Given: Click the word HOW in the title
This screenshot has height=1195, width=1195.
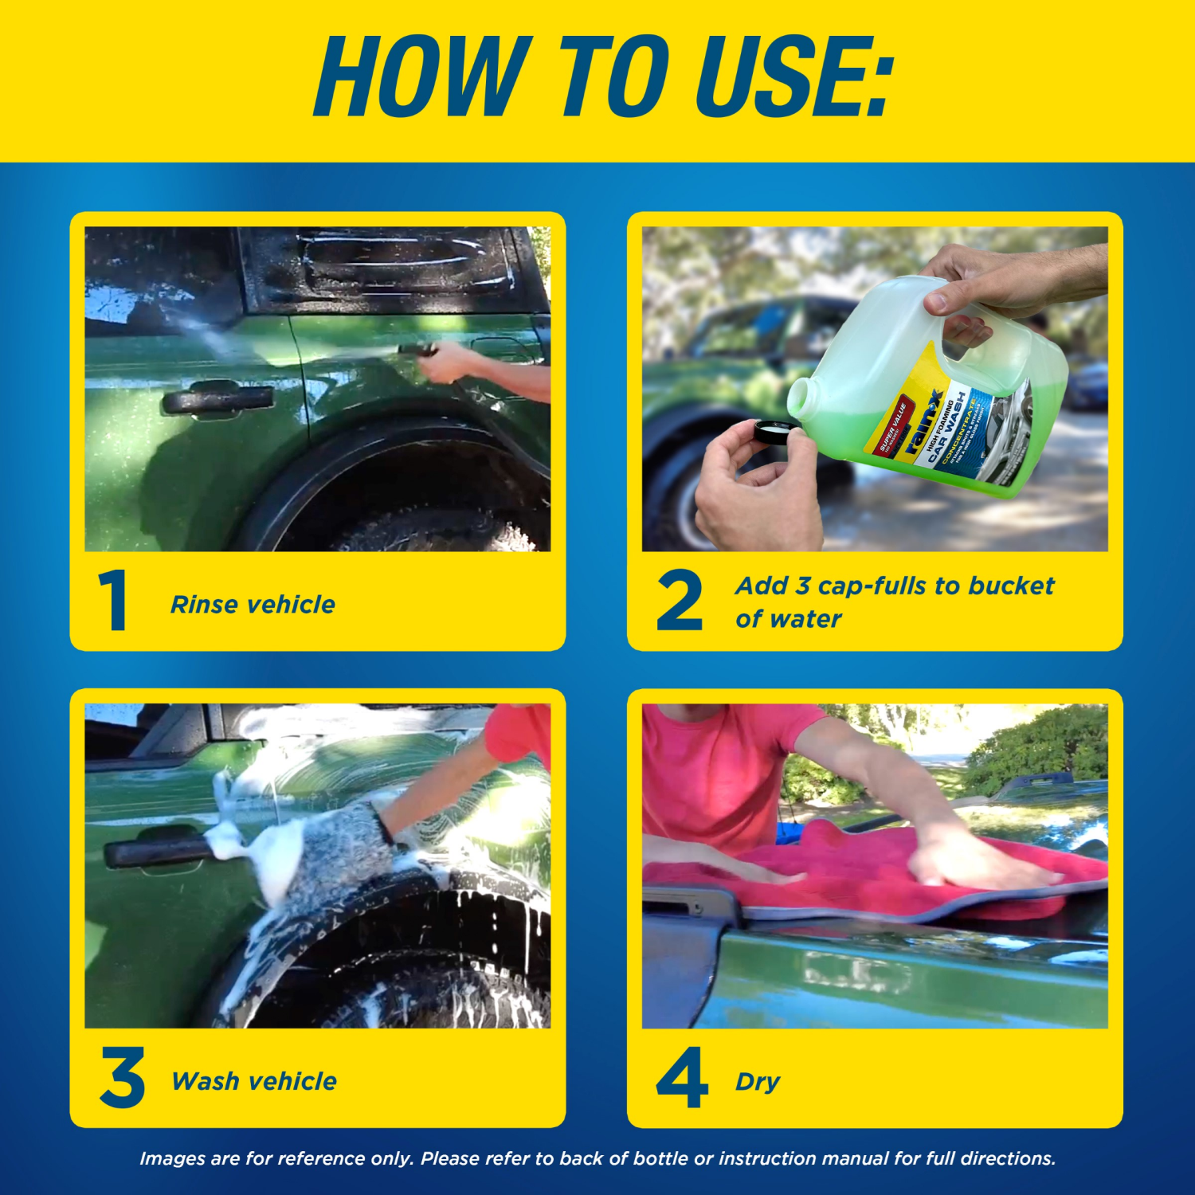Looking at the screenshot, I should pos(422,77).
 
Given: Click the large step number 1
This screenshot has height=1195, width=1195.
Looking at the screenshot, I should pos(114,601).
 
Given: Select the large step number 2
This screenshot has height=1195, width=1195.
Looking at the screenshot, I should pos(679,601).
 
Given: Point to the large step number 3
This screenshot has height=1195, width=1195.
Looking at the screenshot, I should pos(122,1078).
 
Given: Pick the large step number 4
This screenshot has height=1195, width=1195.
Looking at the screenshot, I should pos(682,1078).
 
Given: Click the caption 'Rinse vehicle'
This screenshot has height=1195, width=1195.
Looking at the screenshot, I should pos(253,605).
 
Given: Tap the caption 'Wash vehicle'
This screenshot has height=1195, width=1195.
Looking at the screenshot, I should pos(254,1081).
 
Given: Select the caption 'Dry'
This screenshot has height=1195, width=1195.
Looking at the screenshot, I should pos(757,1082).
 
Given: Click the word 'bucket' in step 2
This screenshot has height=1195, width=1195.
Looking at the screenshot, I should pos(1011,586).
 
